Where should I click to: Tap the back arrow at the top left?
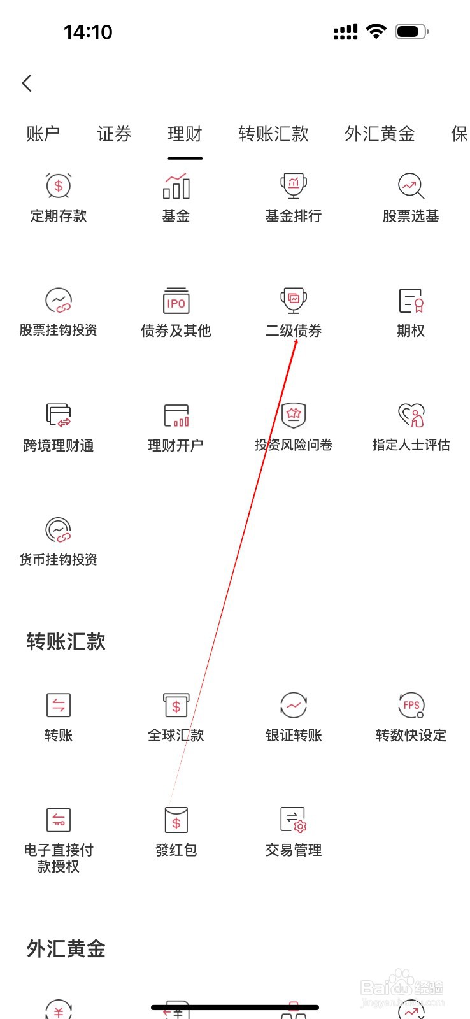click(x=27, y=83)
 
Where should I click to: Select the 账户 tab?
click(x=43, y=134)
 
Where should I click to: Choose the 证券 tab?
click(x=114, y=134)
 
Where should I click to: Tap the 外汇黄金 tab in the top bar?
click(x=380, y=134)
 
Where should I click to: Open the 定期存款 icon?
click(x=59, y=186)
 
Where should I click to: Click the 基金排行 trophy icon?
click(x=294, y=186)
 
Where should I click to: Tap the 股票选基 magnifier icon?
click(x=411, y=186)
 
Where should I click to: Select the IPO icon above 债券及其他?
click(x=176, y=301)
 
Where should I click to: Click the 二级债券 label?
click(x=294, y=331)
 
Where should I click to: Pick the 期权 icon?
click(x=411, y=301)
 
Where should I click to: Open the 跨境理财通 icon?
click(x=59, y=415)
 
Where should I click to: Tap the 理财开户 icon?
click(x=176, y=415)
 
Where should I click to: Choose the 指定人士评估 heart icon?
click(x=411, y=415)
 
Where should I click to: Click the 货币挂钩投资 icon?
click(x=59, y=530)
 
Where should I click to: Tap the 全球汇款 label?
click(x=176, y=736)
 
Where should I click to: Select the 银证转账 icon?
click(x=294, y=705)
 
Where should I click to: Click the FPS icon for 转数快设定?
click(x=411, y=705)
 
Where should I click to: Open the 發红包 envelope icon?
click(x=176, y=820)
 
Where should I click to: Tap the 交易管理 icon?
click(x=294, y=820)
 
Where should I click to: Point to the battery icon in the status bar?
click(x=411, y=31)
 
